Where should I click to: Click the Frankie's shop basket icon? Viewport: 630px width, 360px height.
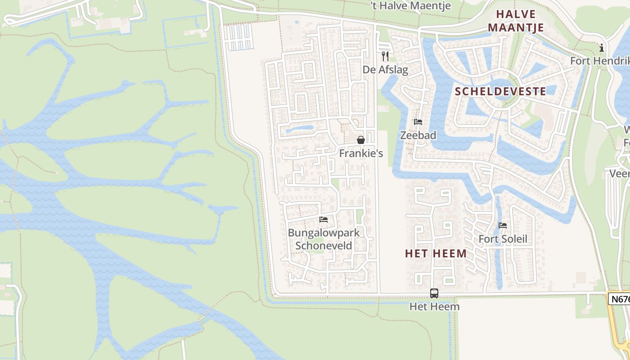pos(360,140)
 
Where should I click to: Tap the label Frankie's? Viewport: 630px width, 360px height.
pos(361,153)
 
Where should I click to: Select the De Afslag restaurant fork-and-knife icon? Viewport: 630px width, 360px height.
pos(385,56)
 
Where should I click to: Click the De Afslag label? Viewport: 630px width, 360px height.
pos(385,70)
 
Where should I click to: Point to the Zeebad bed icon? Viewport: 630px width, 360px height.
pos(418,122)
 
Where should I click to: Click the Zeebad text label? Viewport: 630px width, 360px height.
pos(418,135)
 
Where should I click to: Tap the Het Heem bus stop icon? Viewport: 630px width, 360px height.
pos(434,293)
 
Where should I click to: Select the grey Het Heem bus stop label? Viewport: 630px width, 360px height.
pos(434,307)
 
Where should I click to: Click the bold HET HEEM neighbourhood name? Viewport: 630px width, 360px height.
pos(436,254)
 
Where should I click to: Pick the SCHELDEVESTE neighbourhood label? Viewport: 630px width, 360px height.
pos(500,92)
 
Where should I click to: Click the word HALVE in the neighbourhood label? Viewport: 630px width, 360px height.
pos(516,14)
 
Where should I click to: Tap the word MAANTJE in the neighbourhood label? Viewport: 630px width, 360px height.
pos(516,28)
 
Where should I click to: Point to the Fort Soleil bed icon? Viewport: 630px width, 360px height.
pos(503,225)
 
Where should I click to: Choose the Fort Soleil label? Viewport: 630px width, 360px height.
pos(503,239)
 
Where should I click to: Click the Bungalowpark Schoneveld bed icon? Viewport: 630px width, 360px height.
pos(323,220)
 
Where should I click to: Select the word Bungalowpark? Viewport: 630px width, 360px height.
pos(324,233)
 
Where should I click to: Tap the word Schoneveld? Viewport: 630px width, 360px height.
pos(324,246)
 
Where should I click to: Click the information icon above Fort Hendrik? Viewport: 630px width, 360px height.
pos(601,48)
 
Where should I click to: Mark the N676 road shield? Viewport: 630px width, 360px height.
pos(620,299)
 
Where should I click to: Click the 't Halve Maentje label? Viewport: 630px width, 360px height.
pos(410,5)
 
